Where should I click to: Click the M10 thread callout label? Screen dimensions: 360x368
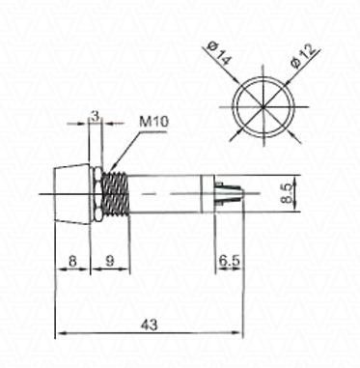(153, 122)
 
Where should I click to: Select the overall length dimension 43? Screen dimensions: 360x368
(150, 325)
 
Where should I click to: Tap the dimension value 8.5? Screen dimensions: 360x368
(287, 193)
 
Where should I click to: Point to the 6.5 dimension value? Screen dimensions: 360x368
(230, 261)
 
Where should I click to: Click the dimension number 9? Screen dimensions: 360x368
(110, 261)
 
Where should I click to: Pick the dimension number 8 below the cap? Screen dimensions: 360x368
(72, 261)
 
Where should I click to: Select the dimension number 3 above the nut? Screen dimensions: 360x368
(96, 117)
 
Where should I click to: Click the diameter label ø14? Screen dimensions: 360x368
(220, 54)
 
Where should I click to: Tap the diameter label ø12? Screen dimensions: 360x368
(303, 56)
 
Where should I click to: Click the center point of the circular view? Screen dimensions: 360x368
(263, 106)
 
